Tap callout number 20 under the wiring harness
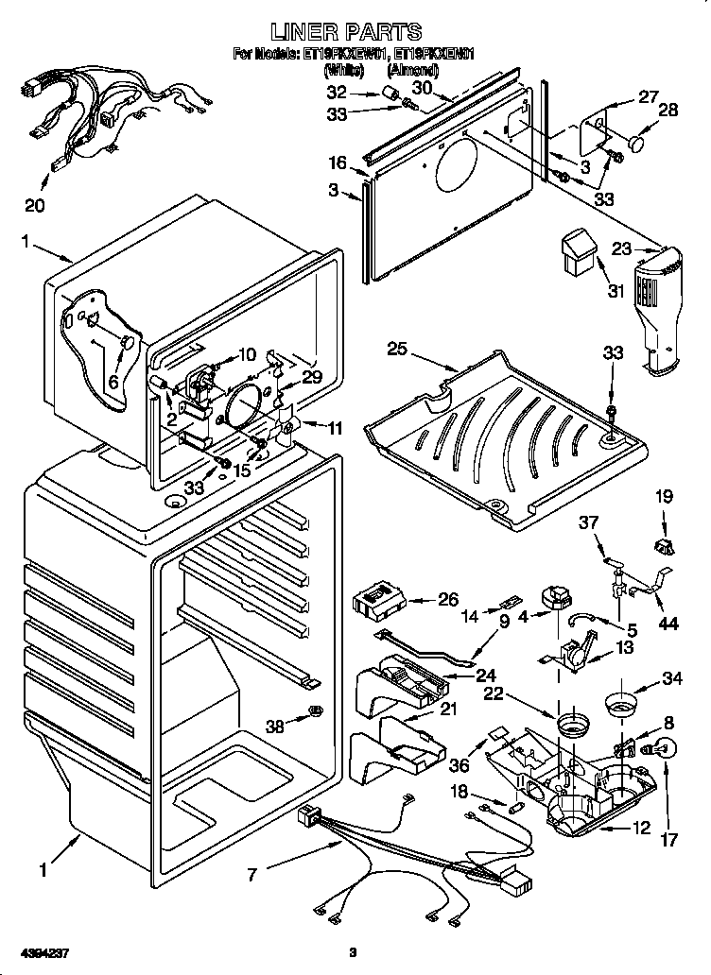point(35,204)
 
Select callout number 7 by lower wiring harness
point(251,875)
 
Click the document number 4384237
point(35,952)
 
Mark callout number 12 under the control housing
point(641,829)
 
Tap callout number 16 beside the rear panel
point(338,162)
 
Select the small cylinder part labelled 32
point(387,92)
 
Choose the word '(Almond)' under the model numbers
point(412,69)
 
